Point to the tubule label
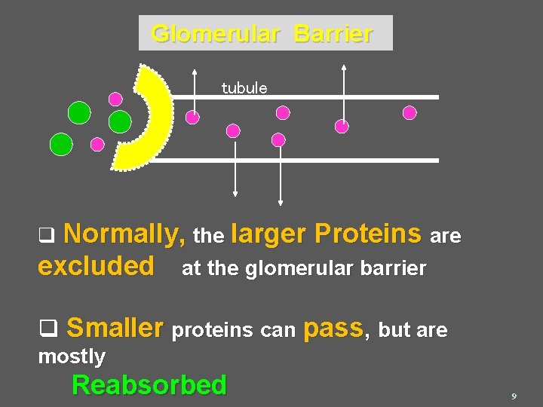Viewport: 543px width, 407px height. click(x=244, y=88)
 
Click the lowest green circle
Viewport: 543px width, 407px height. click(x=61, y=143)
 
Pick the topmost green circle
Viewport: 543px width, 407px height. click(x=79, y=113)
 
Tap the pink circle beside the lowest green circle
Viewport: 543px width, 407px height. click(x=97, y=144)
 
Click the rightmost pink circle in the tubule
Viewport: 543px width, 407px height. click(x=410, y=113)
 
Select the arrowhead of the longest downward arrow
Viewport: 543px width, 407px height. click(x=281, y=201)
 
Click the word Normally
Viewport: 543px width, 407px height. click(x=125, y=235)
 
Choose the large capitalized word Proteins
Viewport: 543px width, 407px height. click(x=368, y=234)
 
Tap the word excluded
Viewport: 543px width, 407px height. click(x=96, y=267)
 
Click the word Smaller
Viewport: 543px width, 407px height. click(x=115, y=329)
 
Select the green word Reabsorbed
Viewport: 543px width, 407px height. click(x=149, y=385)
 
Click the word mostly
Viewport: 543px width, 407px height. click(x=72, y=356)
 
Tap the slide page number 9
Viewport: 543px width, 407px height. click(x=514, y=396)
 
